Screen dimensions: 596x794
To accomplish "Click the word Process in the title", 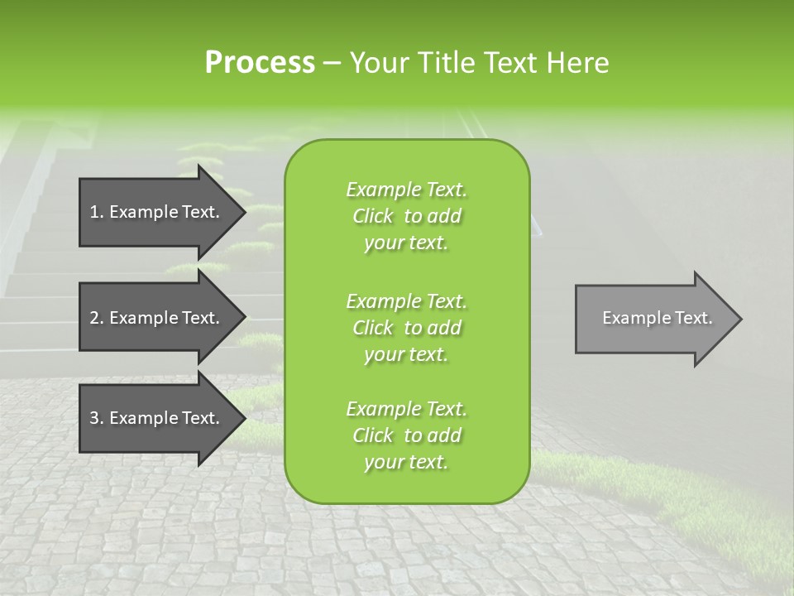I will [260, 63].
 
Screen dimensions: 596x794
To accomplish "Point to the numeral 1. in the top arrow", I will [96, 212].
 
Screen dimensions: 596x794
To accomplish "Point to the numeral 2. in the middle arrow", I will [96, 318].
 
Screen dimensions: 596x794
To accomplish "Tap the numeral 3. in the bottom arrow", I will [96, 418].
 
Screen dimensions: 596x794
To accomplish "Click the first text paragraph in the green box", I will [406, 216].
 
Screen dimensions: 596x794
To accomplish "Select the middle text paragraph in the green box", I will [406, 328].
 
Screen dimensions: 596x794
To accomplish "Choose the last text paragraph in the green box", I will [406, 435].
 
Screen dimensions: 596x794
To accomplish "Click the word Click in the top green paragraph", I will [373, 216].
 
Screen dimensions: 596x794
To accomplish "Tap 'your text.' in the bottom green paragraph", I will [406, 462].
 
